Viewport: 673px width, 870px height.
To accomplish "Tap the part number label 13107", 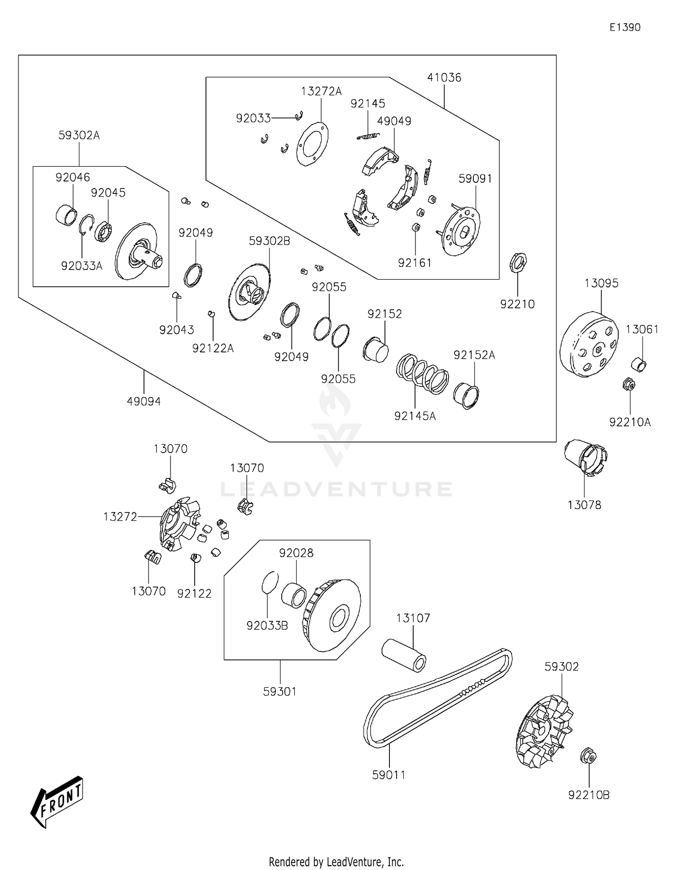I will (x=413, y=618).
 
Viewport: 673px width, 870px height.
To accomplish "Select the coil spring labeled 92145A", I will (x=422, y=373).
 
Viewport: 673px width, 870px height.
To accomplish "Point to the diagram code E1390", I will (x=625, y=27).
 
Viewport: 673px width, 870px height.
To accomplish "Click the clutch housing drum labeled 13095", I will (x=588, y=345).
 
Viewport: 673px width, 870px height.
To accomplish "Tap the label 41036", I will (x=444, y=78).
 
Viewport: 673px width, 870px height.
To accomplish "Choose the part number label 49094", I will (x=144, y=401).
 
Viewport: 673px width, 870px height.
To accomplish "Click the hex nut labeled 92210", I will (x=518, y=262).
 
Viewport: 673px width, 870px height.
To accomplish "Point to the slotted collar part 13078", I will (x=586, y=457).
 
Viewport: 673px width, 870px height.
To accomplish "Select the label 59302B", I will (x=269, y=241).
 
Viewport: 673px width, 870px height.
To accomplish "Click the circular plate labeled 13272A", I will (x=312, y=144).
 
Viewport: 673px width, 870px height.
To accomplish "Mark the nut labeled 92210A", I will (x=629, y=385).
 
